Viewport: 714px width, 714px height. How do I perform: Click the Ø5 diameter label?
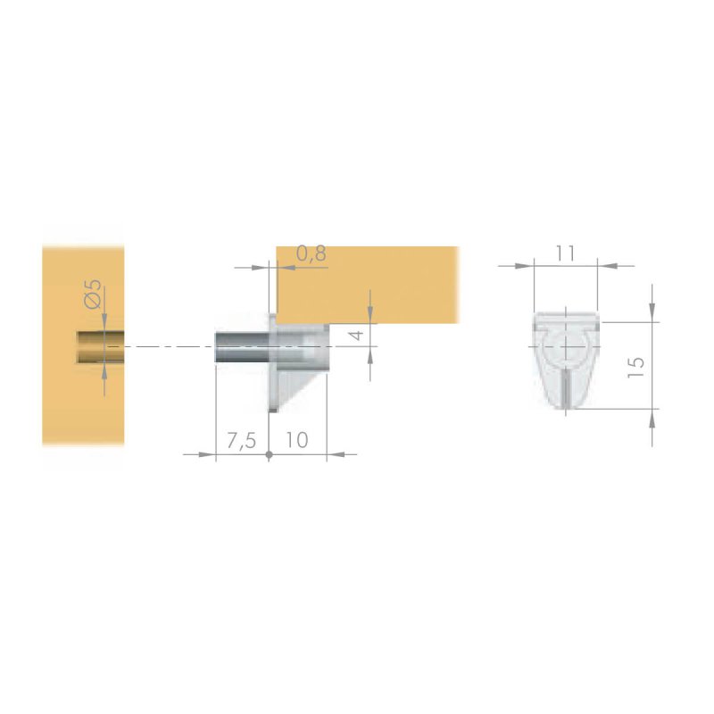pos(93,294)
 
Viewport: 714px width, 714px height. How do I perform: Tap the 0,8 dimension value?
pos(311,253)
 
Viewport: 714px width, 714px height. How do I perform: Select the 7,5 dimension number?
pos(242,441)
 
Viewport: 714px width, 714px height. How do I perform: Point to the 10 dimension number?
pos(297,440)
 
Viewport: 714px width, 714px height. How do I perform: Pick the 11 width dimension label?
pos(565,253)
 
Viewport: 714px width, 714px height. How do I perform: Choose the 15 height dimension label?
pos(635,367)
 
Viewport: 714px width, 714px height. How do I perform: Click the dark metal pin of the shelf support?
pos(242,347)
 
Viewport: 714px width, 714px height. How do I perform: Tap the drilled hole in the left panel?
pos(100,347)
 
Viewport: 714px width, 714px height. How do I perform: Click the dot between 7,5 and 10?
pos(270,454)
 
